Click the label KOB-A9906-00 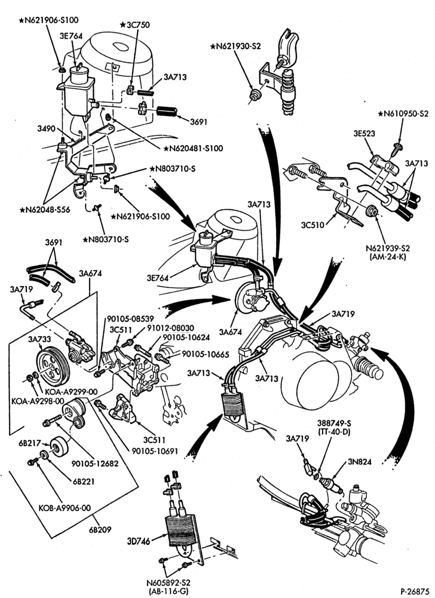(65, 508)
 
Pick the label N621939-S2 (388, 248)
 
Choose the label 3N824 (359, 462)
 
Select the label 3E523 (364, 133)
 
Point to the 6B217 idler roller (59, 446)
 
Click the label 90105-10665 (206, 354)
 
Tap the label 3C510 (313, 225)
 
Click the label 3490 (45, 129)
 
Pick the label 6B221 (85, 481)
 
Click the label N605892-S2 (168, 583)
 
